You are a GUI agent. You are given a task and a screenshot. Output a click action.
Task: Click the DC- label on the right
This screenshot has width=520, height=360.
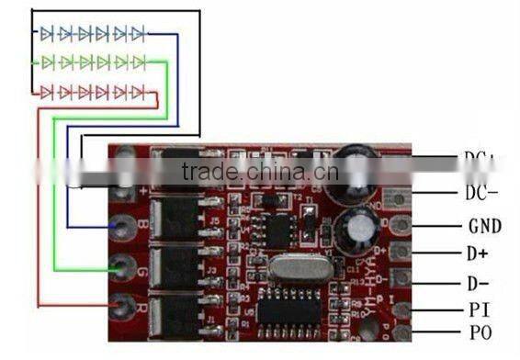click(x=481, y=193)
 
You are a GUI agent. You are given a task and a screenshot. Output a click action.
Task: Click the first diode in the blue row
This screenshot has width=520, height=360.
click(x=47, y=34)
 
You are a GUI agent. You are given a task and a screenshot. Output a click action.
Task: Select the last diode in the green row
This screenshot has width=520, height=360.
click(x=138, y=62)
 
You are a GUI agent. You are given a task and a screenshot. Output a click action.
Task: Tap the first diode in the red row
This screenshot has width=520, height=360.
click(x=47, y=92)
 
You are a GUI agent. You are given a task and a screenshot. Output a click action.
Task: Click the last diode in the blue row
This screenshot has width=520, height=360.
click(x=138, y=34)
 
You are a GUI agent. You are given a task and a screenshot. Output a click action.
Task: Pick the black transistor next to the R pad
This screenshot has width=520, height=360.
click(x=178, y=315)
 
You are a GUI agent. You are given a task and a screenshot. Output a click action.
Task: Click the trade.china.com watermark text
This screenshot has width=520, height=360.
click(x=260, y=173)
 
